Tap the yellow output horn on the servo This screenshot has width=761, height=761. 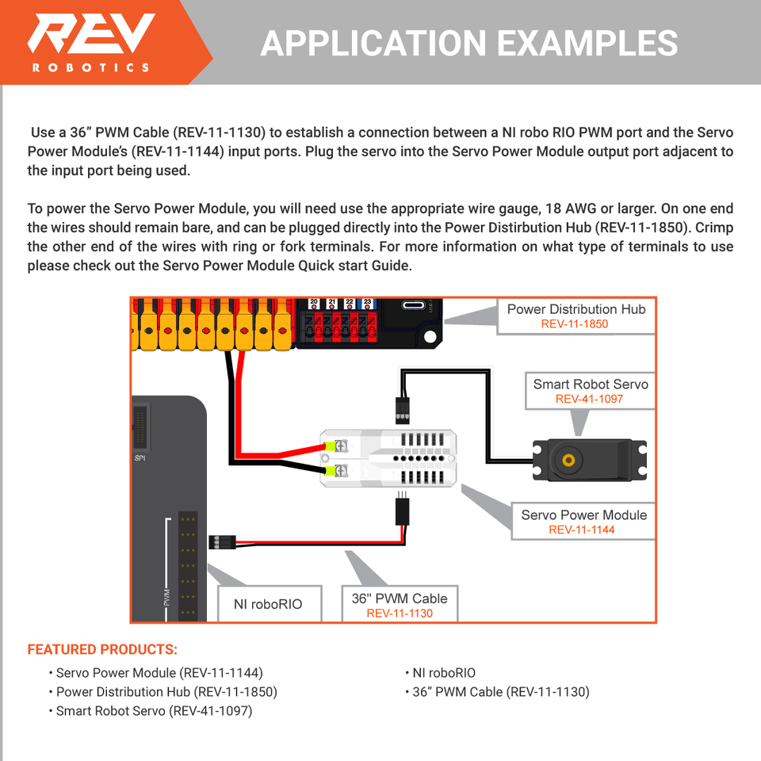pos(568,461)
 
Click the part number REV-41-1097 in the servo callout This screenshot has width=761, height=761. pos(589,399)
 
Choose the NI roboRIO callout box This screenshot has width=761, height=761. pos(268,604)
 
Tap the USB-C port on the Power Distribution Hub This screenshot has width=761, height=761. pos(414,305)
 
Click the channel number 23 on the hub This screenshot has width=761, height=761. pos(367,302)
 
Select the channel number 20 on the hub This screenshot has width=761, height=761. pos(314,302)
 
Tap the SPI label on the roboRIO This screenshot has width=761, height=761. pos(140,458)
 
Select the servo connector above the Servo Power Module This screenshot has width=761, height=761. pos(401,409)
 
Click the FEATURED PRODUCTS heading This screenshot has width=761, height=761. pos(102,650)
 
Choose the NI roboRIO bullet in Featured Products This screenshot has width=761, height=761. pos(444,673)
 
